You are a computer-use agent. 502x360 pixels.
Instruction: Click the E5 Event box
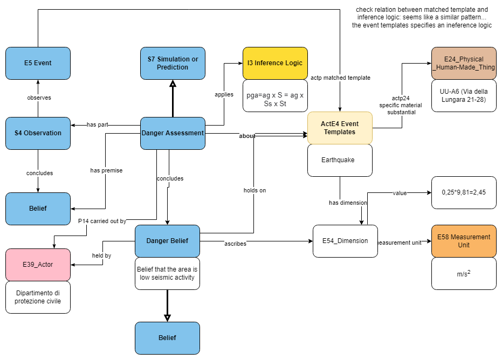(x=38, y=63)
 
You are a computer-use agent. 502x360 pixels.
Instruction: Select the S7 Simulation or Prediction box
(x=173, y=63)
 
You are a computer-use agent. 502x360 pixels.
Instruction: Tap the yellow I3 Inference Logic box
(x=275, y=63)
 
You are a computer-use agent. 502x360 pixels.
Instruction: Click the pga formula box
(x=275, y=95)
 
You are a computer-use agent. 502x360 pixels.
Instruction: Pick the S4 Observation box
(x=38, y=133)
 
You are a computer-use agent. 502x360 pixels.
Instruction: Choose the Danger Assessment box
(x=173, y=133)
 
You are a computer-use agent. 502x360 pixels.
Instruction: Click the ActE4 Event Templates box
(x=340, y=128)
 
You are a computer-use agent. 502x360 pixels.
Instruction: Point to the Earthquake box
(x=340, y=160)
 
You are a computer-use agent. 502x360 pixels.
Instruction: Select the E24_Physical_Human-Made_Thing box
(x=464, y=63)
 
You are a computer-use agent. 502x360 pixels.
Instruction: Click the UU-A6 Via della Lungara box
(x=464, y=95)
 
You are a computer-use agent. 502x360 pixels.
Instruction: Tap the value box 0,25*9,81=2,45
(x=464, y=192)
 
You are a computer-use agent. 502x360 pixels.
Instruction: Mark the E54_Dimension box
(x=345, y=241)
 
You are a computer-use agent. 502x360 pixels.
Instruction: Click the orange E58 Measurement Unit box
(x=464, y=241)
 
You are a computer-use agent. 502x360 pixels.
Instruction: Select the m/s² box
(x=464, y=273)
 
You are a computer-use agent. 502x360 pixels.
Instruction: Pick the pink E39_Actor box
(x=38, y=265)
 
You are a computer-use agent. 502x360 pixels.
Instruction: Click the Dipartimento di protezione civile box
(x=38, y=297)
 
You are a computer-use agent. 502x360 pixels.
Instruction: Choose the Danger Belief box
(x=167, y=241)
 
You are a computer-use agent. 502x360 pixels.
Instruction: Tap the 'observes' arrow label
(x=39, y=98)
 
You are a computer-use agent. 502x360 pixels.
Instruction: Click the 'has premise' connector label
(x=106, y=170)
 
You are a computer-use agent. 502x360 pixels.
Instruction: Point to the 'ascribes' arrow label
(x=235, y=244)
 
